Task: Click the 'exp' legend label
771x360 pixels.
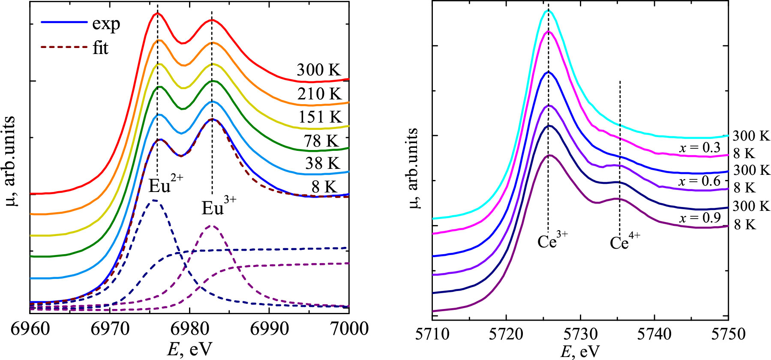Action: click(x=106, y=24)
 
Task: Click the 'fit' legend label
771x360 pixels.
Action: click(x=100, y=48)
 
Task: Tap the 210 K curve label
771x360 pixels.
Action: click(x=319, y=94)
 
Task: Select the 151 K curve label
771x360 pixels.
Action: click(x=320, y=117)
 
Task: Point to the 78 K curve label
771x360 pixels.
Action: click(x=321, y=141)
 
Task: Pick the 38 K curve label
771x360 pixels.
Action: click(x=322, y=164)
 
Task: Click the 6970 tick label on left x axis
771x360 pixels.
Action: click(x=110, y=329)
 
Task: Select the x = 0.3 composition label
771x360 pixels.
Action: click(x=699, y=148)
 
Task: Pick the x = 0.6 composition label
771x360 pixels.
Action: click(x=699, y=181)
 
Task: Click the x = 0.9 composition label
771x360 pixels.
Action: click(x=699, y=218)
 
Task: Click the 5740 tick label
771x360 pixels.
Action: click(x=654, y=334)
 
